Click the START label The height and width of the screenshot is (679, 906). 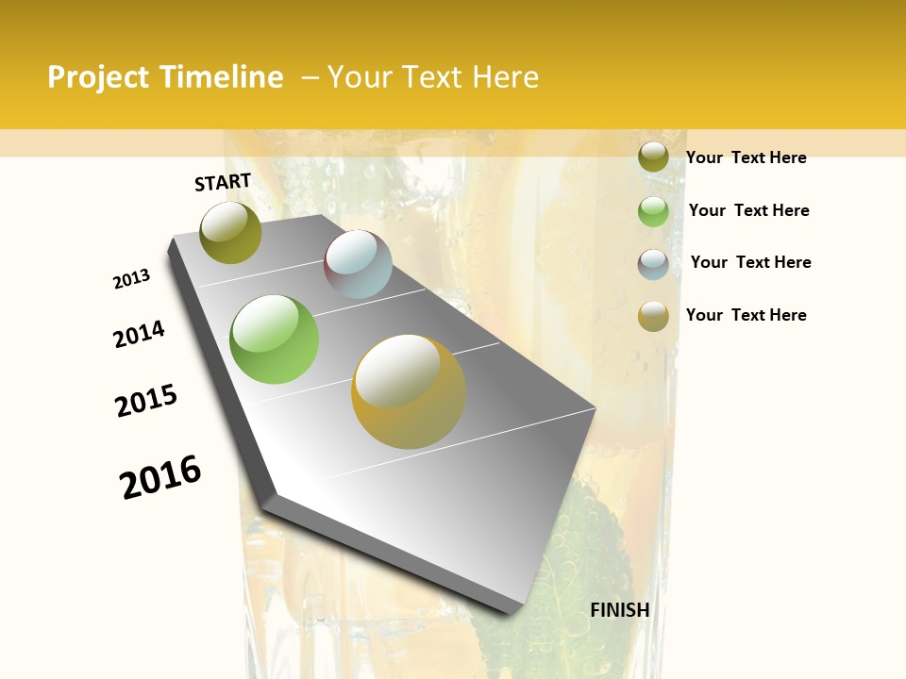pos(223,182)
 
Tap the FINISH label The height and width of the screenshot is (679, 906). pos(619,610)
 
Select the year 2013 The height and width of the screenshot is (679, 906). pos(131,279)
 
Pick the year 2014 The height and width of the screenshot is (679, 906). pos(139,335)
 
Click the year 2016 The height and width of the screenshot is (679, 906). pos(160,476)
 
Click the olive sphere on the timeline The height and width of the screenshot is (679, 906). pos(230,232)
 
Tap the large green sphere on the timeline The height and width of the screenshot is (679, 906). pos(274,339)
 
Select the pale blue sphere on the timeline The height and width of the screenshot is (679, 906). pos(358,264)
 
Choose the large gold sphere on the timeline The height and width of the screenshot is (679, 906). pos(409,391)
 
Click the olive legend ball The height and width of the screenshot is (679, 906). pos(653,157)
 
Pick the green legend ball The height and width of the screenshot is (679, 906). pos(653,211)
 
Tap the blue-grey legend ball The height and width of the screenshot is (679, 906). pos(653,264)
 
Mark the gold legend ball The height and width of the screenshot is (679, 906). pos(653,316)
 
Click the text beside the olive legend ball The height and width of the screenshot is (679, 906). pos(746,157)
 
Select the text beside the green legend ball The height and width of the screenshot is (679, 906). pos(748,210)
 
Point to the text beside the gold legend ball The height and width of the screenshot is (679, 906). pos(746,315)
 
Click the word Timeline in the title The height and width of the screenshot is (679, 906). pos(222,77)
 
